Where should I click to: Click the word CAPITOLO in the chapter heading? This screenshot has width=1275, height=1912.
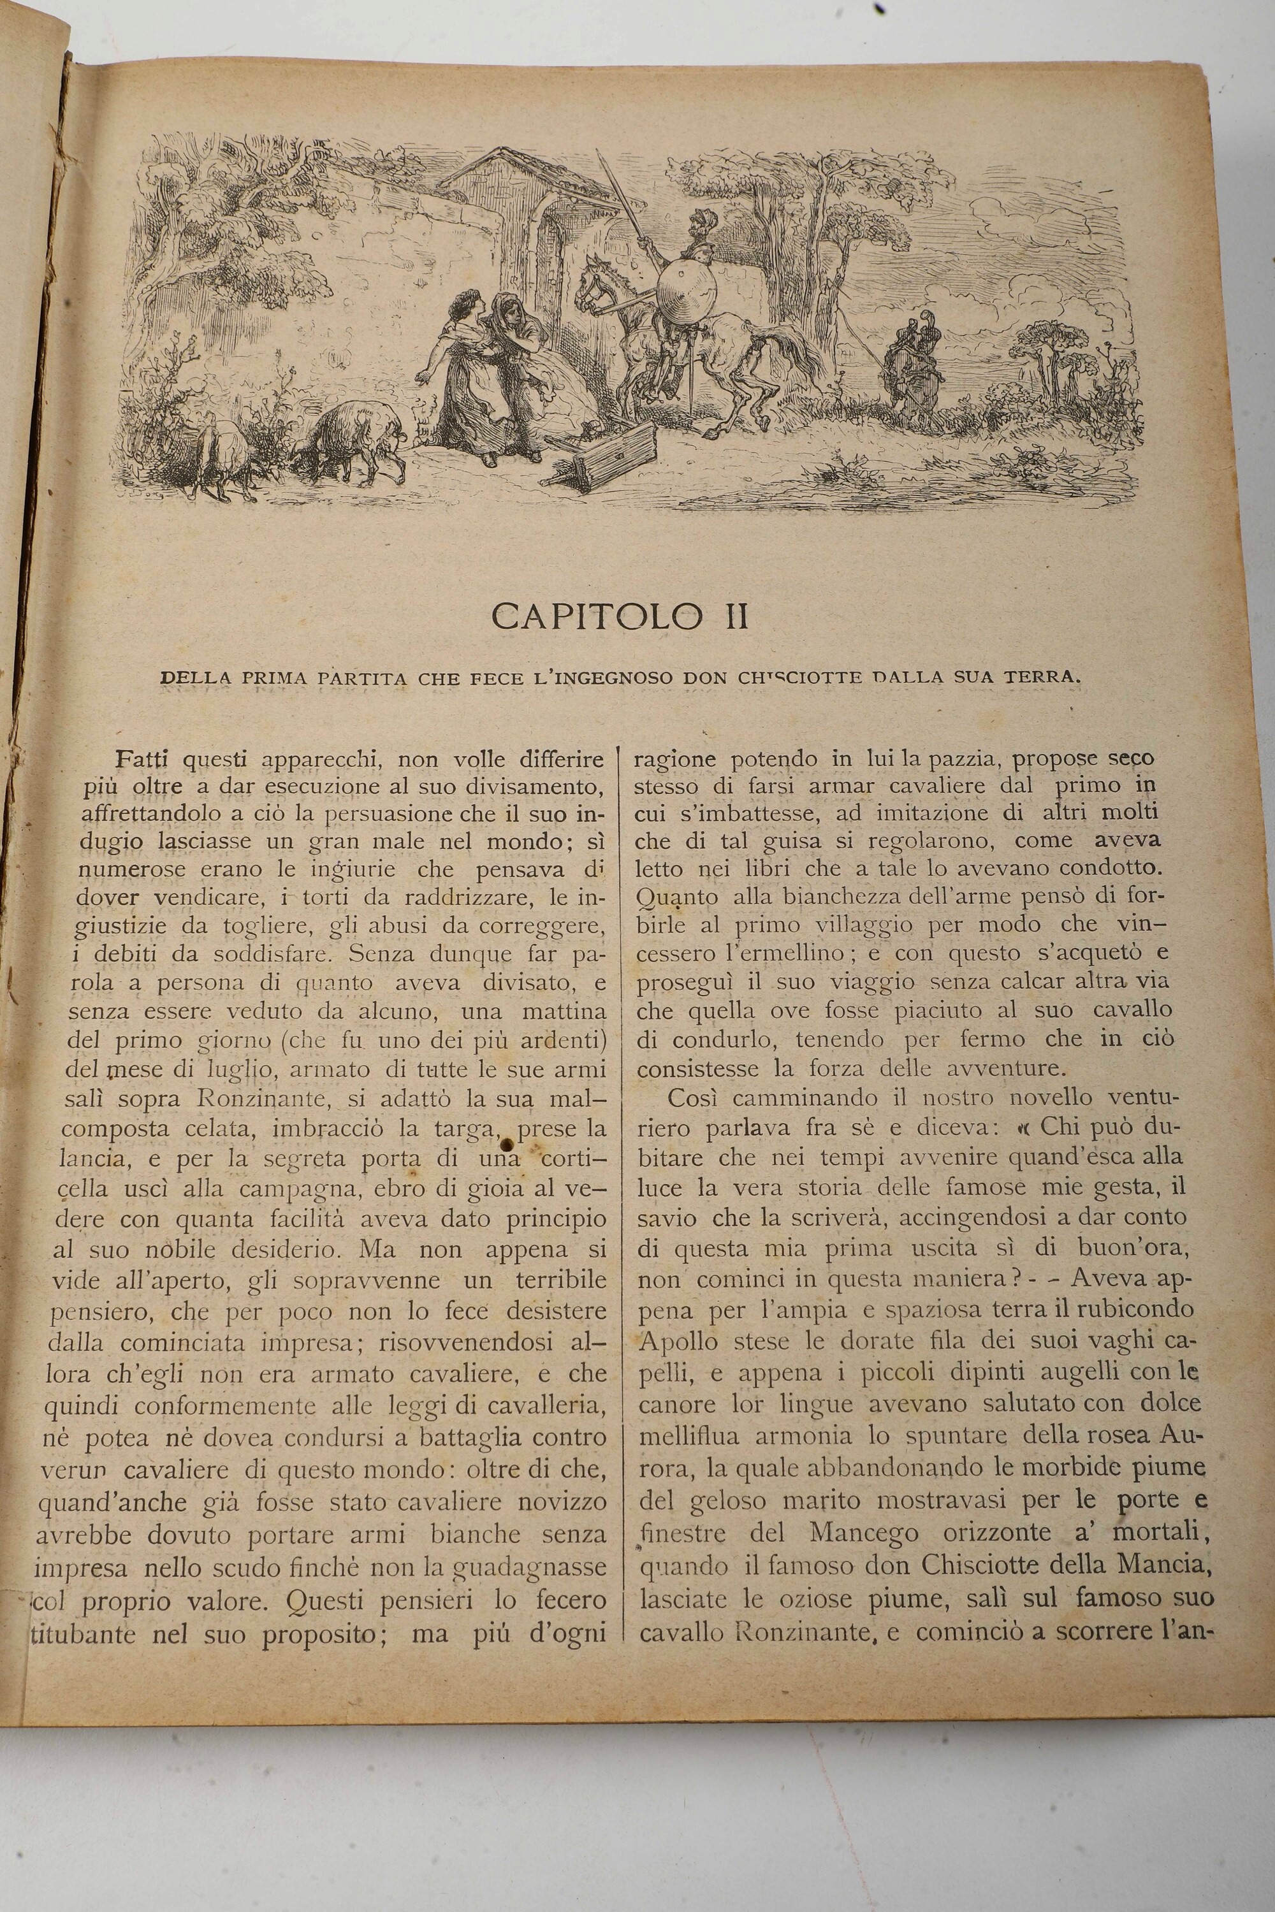pos(596,617)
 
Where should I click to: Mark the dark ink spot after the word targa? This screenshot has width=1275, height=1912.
pos(509,1145)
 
